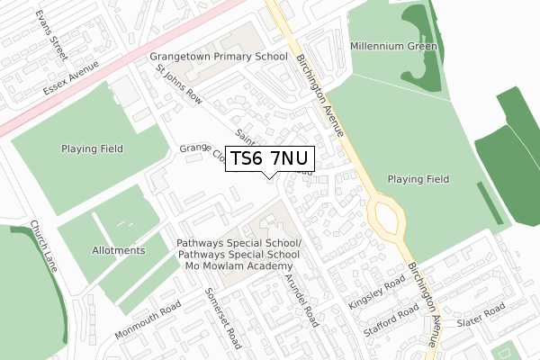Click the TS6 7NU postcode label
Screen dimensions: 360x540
(x=270, y=158)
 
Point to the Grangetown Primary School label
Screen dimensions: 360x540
(x=219, y=56)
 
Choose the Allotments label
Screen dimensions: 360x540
(x=118, y=250)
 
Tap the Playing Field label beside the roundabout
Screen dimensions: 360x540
(x=418, y=179)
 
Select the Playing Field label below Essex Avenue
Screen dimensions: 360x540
(x=92, y=148)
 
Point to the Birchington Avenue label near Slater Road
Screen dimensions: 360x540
(x=424, y=306)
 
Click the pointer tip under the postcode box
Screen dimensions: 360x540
(x=270, y=176)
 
